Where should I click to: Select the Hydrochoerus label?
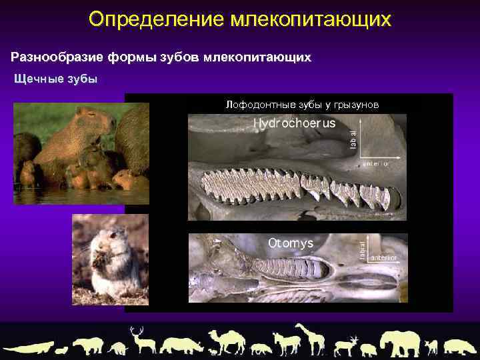(x=294, y=124)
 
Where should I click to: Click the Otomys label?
(x=291, y=243)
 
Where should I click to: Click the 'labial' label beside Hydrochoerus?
(x=353, y=139)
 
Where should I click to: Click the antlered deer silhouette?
(x=141, y=339)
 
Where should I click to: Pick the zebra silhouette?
(x=285, y=344)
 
